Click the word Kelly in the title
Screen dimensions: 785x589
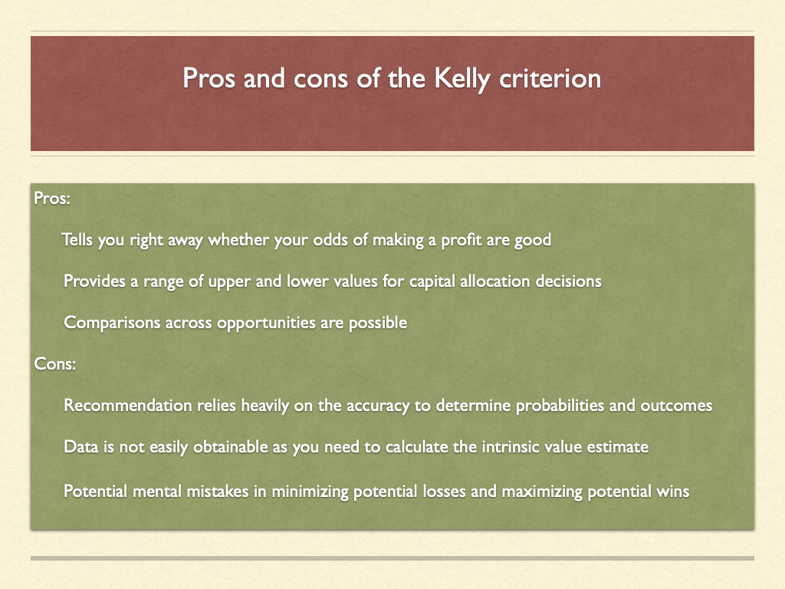[462, 80]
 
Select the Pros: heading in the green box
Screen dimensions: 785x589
[52, 199]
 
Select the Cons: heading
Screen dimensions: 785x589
[55, 364]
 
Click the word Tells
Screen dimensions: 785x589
[77, 239]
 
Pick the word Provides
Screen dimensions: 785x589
[94, 281]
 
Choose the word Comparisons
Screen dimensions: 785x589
[112, 323]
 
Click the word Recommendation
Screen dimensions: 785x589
[128, 405]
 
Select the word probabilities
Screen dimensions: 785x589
[560, 406]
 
